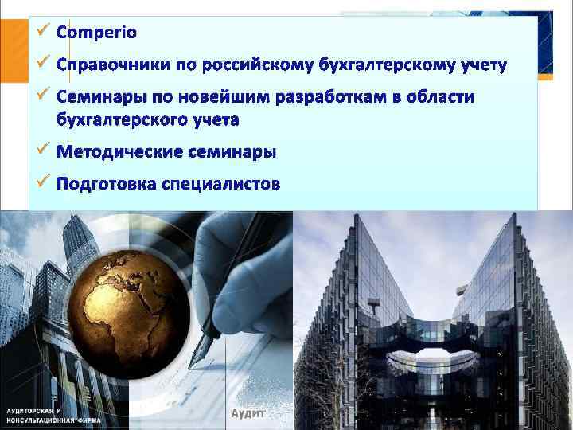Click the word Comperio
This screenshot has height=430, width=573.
tap(97, 33)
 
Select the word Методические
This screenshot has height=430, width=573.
tap(119, 151)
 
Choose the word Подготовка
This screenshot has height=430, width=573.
tap(106, 184)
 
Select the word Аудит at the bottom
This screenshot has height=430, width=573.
tap(246, 412)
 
